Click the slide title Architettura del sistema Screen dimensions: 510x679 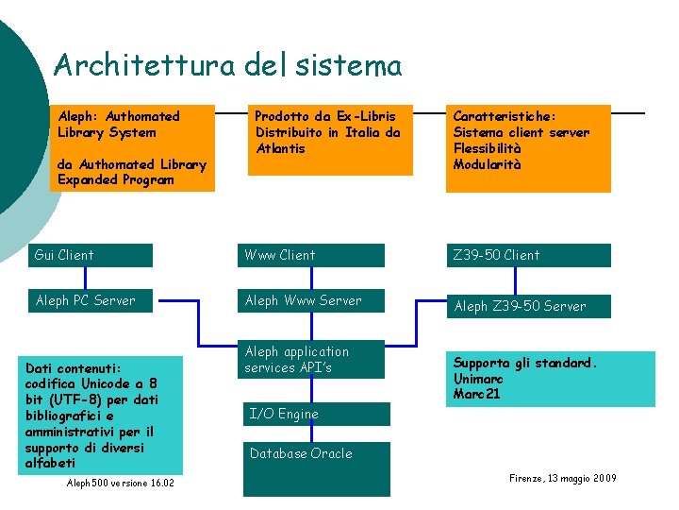227,65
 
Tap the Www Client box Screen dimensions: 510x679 313,255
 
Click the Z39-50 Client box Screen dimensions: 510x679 527,255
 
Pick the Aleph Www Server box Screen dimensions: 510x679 313,300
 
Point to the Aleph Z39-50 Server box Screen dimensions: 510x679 527,306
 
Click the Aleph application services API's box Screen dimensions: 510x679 313,360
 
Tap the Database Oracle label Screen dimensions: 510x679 301,453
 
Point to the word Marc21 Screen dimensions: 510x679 477,394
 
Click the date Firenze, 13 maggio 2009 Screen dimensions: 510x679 562,479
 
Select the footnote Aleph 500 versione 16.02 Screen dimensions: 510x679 121,484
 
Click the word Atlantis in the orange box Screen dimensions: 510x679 280,148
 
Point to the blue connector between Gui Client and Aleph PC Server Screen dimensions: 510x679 87,278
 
